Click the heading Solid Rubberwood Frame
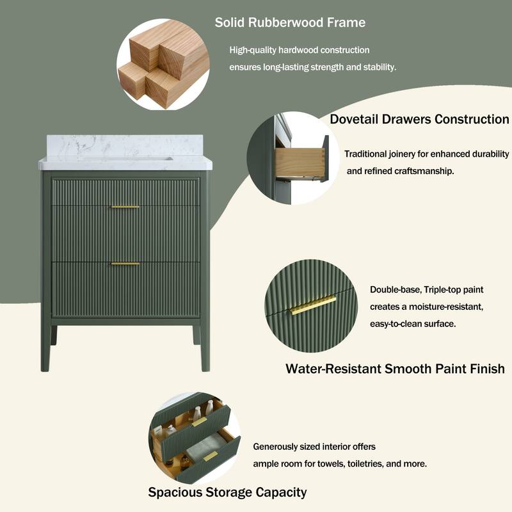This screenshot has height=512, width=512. coord(290,23)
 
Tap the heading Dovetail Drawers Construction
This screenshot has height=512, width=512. coord(419,120)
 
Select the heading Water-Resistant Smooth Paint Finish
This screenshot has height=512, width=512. coord(395,369)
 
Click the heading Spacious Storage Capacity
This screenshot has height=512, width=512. coord(227,492)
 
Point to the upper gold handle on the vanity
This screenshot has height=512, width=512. coord(125,207)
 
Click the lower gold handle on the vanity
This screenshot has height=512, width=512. coord(125,264)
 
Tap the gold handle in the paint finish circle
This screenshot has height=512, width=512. coord(312,305)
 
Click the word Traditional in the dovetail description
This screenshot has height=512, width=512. coord(366,154)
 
